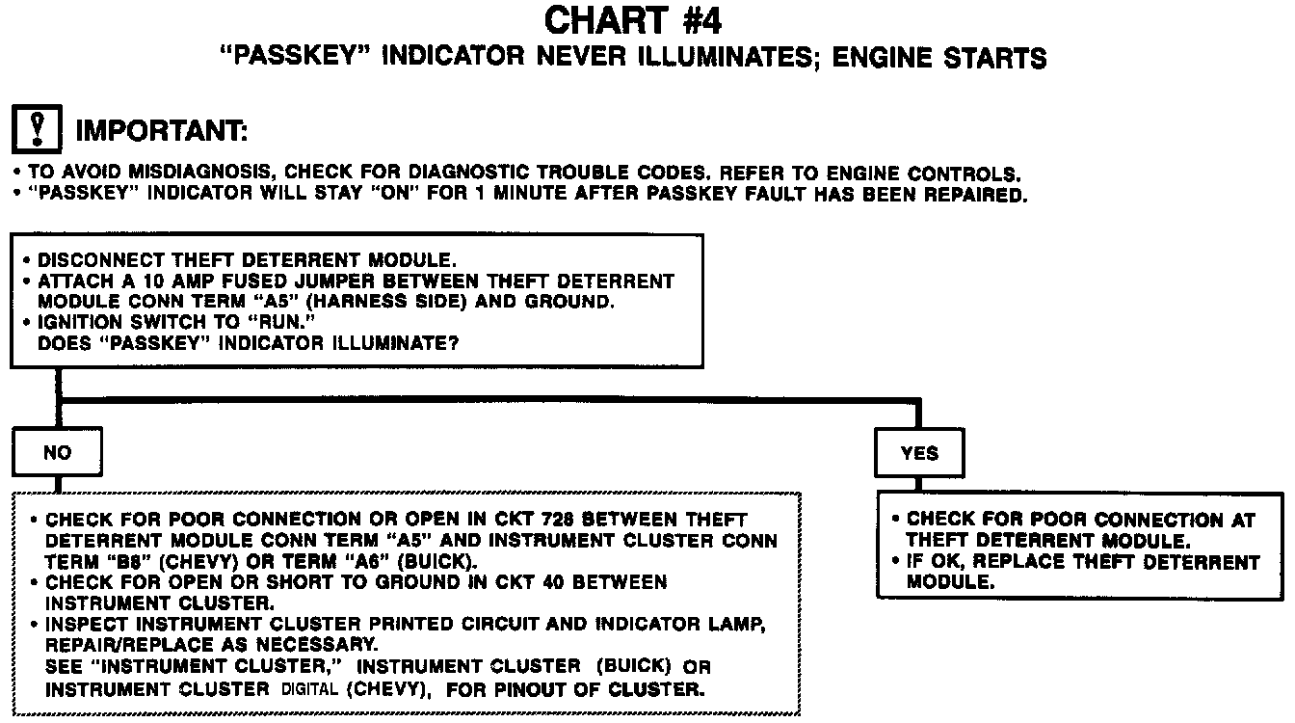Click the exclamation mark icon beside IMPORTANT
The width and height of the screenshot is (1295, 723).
[x=37, y=127]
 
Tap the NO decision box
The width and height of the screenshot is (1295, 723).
[x=57, y=453]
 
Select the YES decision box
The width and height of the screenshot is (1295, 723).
[x=919, y=453]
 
